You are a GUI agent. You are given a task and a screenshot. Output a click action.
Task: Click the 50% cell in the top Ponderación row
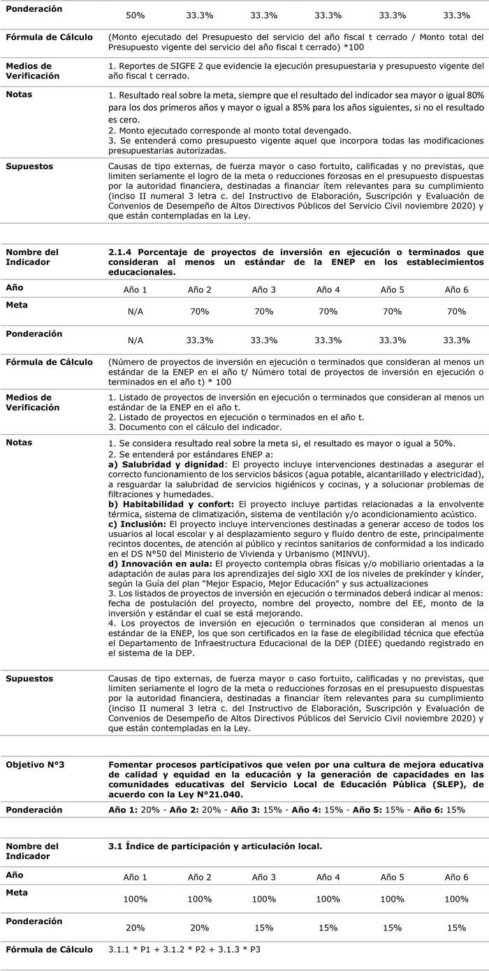click(x=136, y=15)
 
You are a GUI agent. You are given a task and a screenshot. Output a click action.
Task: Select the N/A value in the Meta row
click(x=136, y=311)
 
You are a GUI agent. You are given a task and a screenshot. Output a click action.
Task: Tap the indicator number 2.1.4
click(x=122, y=252)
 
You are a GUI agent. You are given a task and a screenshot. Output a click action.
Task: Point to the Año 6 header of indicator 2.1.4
click(x=457, y=289)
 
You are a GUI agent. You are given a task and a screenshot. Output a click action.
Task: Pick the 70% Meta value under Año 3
click(x=264, y=311)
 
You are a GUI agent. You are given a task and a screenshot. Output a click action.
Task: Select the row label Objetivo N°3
click(x=36, y=765)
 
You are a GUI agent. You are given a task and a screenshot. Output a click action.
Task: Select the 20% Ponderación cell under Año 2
click(x=200, y=928)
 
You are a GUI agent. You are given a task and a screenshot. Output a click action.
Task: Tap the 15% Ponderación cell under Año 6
click(x=457, y=928)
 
